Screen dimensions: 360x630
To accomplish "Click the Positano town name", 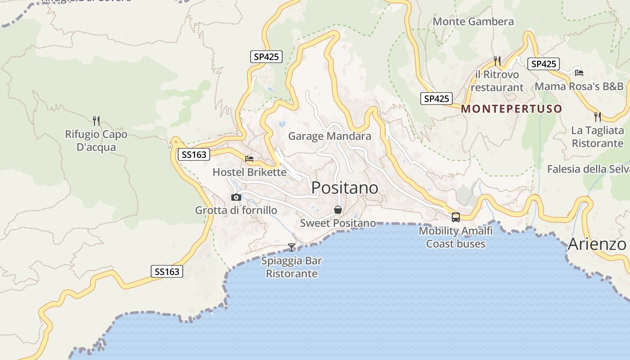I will (x=345, y=188).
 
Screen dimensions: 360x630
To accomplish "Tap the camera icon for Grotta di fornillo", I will (x=236, y=197).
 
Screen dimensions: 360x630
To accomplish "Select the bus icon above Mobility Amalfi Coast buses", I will (x=455, y=217).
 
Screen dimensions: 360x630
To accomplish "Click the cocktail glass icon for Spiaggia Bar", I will (x=292, y=247).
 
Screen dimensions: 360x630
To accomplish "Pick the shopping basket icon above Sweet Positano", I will (x=338, y=210).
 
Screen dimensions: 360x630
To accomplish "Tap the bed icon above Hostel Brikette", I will (x=249, y=159).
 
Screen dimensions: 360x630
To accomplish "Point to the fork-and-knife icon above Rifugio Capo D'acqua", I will (x=96, y=121).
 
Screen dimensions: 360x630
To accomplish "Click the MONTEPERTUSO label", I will (x=512, y=109).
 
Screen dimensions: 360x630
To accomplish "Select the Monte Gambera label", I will (x=473, y=22).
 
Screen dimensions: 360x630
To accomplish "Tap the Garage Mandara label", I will (x=329, y=136).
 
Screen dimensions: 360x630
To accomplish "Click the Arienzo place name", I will (x=597, y=244).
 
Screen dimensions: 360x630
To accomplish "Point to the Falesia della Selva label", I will (x=588, y=169).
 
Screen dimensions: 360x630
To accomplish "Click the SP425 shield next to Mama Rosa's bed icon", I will (x=544, y=64).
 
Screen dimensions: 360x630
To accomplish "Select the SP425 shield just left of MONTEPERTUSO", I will (x=436, y=99).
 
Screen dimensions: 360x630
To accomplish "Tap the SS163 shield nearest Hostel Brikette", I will (x=194, y=155).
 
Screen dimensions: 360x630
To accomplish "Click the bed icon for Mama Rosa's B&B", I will (x=579, y=72).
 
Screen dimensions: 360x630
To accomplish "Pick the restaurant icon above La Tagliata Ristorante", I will (x=597, y=117).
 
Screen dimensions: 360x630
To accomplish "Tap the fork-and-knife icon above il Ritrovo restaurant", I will (x=497, y=61).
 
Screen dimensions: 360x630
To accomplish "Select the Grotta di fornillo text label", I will (x=236, y=210).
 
